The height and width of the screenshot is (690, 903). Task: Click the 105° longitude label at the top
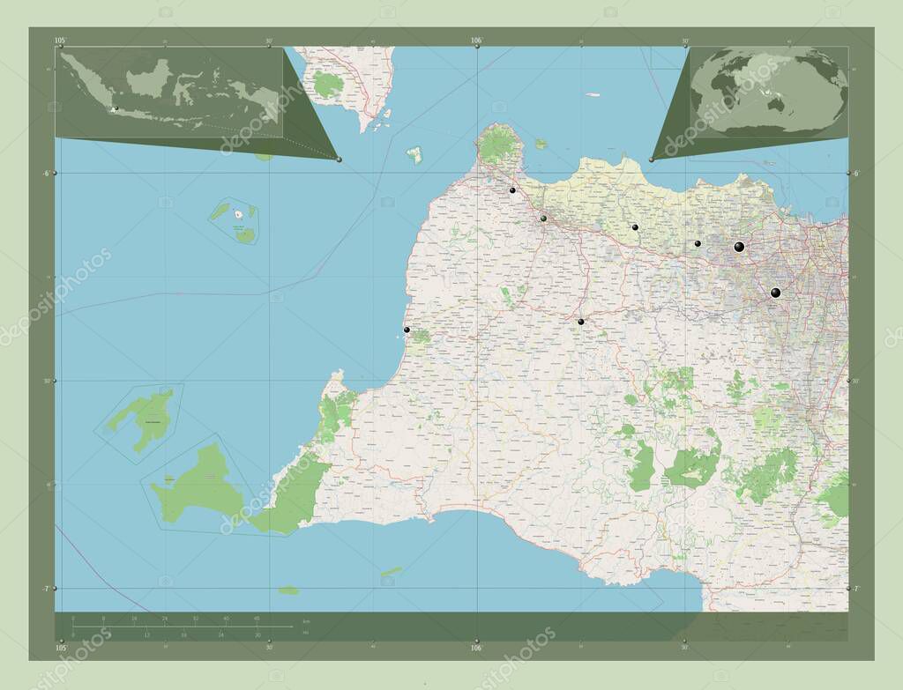click(x=60, y=41)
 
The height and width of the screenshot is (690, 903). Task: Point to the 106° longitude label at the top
click(x=476, y=41)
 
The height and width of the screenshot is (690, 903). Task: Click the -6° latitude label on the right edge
click(x=854, y=174)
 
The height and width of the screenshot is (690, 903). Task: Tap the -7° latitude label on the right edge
click(x=854, y=588)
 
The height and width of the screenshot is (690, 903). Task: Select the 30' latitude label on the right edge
click(x=854, y=381)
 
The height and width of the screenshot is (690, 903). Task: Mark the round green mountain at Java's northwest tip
click(x=499, y=145)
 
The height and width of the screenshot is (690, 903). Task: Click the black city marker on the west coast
click(x=407, y=330)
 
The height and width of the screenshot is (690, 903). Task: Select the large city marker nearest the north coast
click(x=739, y=247)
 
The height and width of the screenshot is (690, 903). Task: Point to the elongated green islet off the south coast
click(x=392, y=571)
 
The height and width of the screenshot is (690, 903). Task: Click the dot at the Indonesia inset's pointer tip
click(x=339, y=159)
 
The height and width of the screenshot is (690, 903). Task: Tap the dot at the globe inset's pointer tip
click(x=652, y=160)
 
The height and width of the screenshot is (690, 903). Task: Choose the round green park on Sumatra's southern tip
click(x=328, y=85)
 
